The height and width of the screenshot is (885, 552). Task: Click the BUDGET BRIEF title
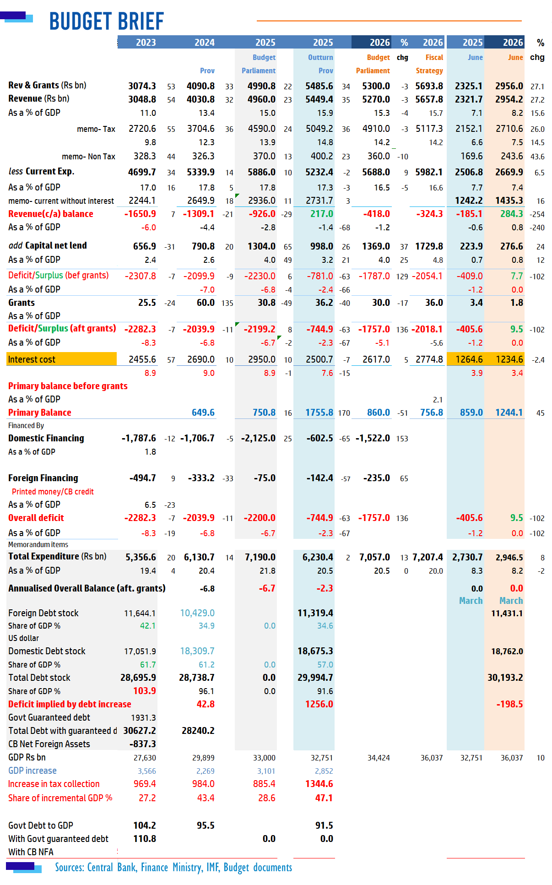[x=106, y=21]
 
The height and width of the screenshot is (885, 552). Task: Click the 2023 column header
[x=146, y=43]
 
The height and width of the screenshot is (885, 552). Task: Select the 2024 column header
[x=205, y=43]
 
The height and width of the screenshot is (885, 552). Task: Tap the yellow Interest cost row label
[x=62, y=359]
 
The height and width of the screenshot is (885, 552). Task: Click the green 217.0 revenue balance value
[x=322, y=214]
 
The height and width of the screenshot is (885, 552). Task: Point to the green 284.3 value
[x=511, y=214]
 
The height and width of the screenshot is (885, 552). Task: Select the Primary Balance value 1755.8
[x=319, y=413]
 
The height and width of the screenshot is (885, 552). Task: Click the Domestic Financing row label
[x=46, y=438]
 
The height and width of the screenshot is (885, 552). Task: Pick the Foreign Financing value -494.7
[x=143, y=478]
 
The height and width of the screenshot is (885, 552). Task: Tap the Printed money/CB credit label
[x=53, y=492]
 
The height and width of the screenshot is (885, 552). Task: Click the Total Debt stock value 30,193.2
[x=505, y=678]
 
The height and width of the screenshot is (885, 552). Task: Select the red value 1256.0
[x=319, y=704]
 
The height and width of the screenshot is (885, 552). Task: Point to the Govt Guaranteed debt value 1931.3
[x=144, y=718]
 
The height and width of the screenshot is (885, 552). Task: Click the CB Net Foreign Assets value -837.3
[x=143, y=744]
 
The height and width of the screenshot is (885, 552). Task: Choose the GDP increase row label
[x=32, y=771]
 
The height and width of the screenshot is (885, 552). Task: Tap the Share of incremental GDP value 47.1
[x=324, y=798]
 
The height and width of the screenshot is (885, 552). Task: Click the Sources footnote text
[x=173, y=868]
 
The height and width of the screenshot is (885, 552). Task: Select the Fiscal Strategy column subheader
[x=430, y=64]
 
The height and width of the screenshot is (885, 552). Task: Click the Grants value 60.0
[x=206, y=303]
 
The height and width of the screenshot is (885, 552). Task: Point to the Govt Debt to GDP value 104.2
[x=145, y=825]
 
